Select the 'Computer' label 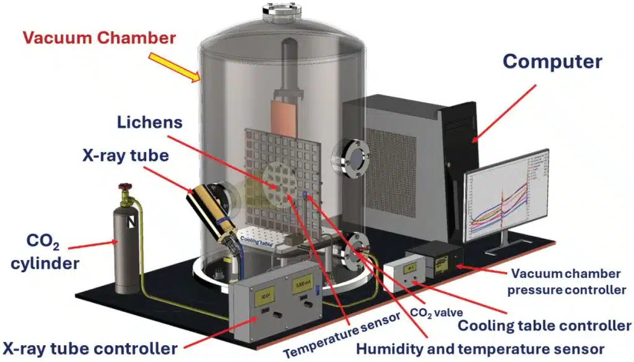point(552,61)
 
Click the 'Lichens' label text point(150,122)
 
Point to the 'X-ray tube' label point(126,155)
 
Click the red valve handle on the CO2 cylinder point(126,186)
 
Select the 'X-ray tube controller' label point(90,347)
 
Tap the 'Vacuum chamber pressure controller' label point(568,281)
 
